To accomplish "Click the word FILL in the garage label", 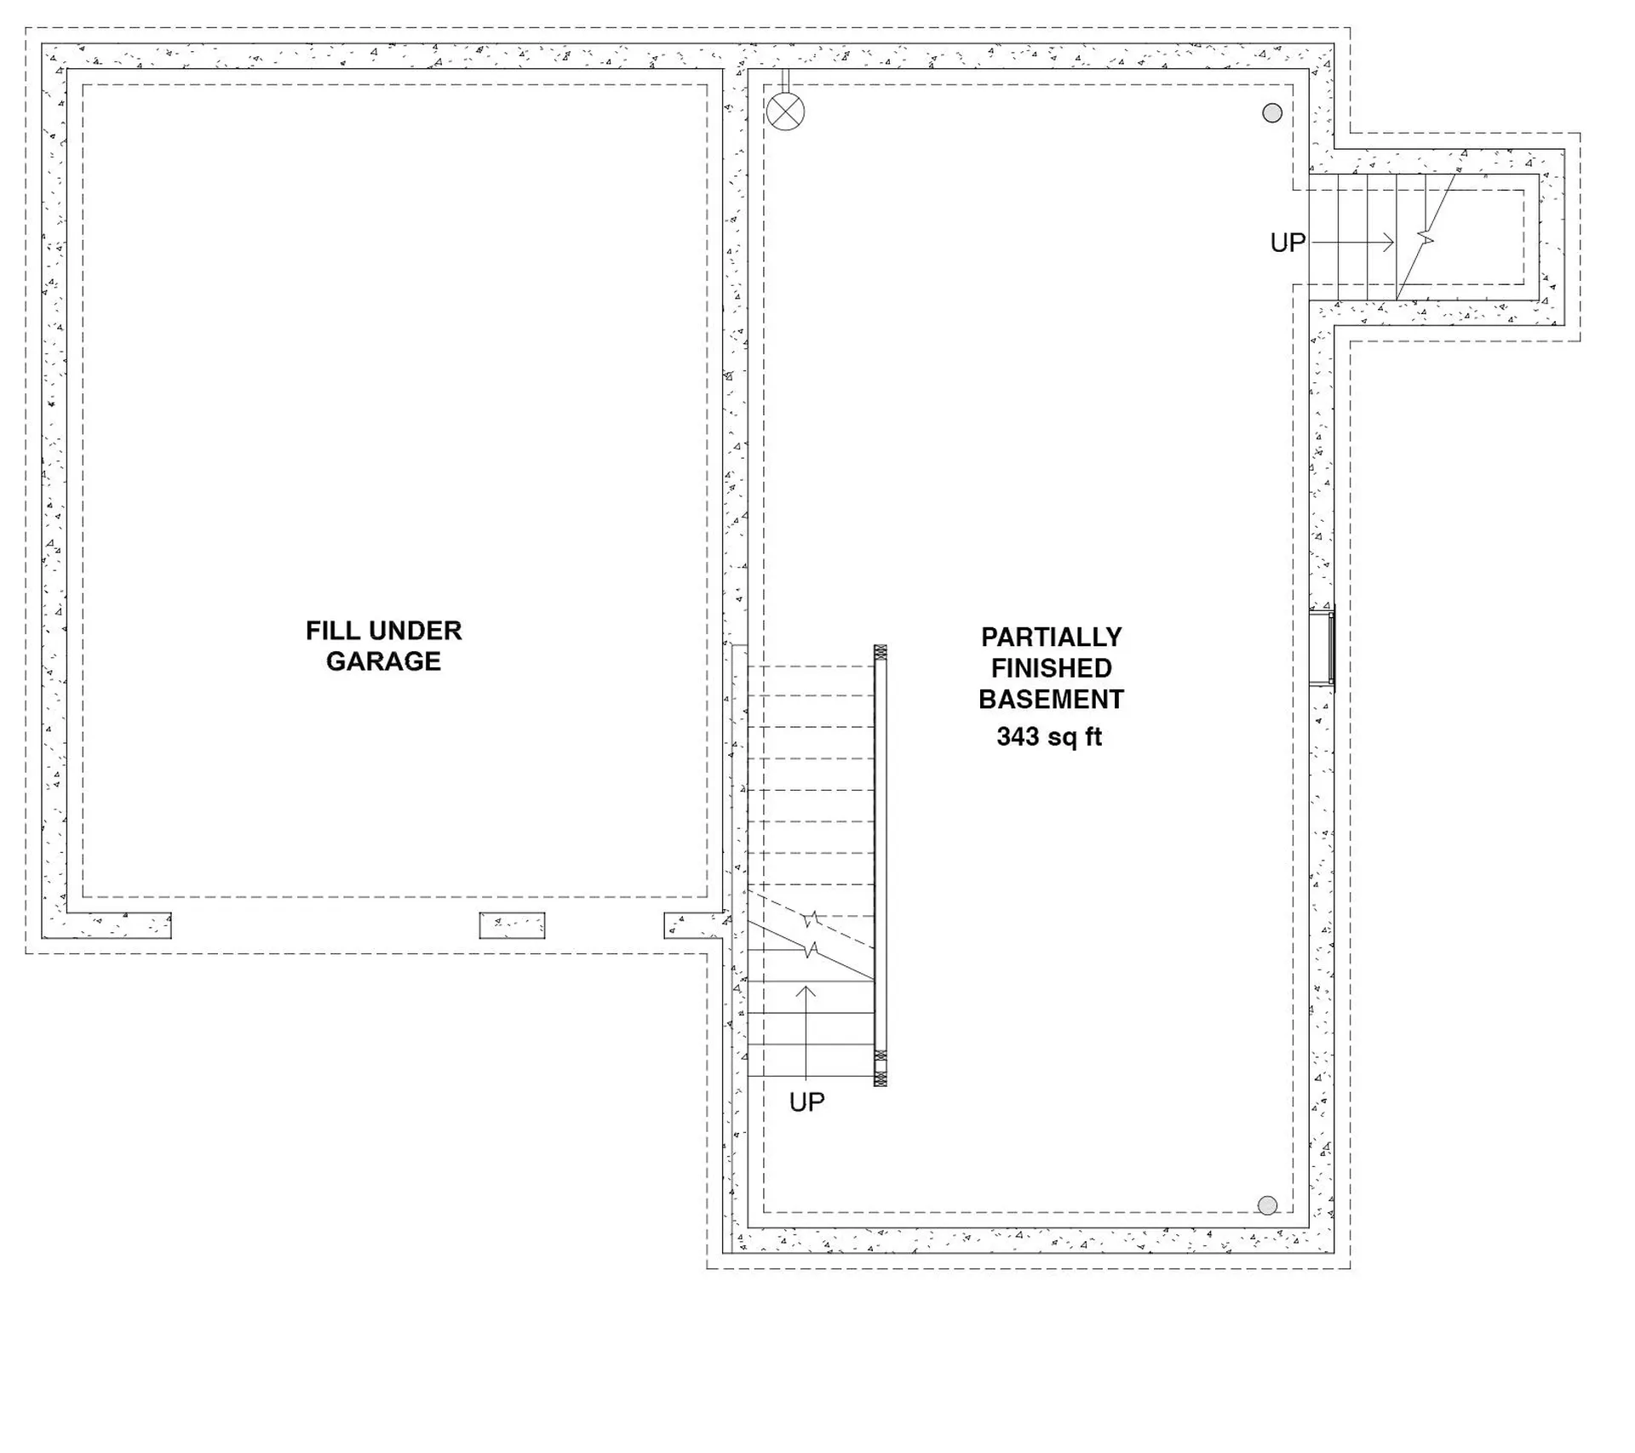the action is tap(327, 631).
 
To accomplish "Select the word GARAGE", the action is tap(383, 661).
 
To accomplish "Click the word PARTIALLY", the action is tap(1052, 638).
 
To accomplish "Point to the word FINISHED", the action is tap(1052, 668).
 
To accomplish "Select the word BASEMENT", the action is tap(1052, 700).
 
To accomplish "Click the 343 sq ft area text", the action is tap(1050, 736).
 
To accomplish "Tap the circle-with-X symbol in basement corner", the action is tap(785, 112).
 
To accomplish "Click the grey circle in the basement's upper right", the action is tap(1272, 112).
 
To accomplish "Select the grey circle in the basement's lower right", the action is tap(1268, 1205).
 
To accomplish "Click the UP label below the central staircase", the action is tap(807, 1102).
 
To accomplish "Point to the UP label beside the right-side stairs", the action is tap(1288, 243).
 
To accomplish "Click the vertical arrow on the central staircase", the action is tap(806, 1032).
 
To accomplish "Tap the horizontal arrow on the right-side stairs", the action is tap(1352, 243).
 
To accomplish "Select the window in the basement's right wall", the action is tap(1322, 647).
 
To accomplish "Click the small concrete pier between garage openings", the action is tap(512, 925).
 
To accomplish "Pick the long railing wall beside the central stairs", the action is tap(881, 866).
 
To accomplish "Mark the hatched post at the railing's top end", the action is tap(881, 653).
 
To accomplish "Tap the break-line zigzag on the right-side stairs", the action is tap(1426, 239).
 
